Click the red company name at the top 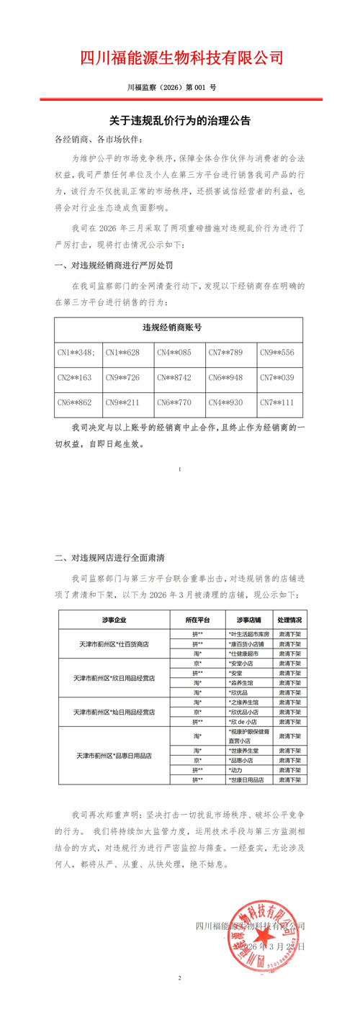pos(180,58)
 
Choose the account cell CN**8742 pos(180,377)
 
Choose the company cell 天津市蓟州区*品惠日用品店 pos(113,756)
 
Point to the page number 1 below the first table pos(179,469)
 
